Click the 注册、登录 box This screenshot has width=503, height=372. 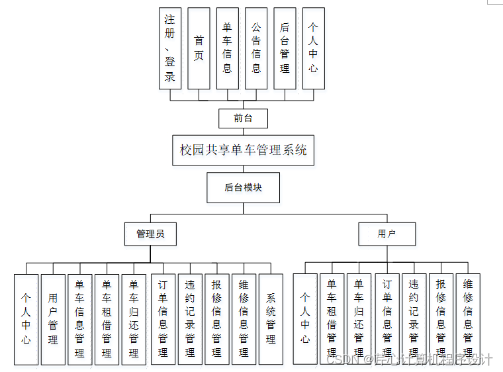click(170, 48)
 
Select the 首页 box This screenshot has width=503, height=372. click(199, 48)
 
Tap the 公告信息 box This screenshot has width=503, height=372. click(256, 48)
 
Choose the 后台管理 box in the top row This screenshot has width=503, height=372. click(285, 48)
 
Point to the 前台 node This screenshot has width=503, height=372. click(243, 118)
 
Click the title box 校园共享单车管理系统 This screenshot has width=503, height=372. click(243, 150)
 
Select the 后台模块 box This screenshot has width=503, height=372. click(243, 187)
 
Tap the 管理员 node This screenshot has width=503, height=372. click(150, 234)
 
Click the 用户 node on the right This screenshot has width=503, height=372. click(387, 234)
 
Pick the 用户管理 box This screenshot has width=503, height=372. click(53, 319)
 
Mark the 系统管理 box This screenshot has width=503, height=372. click(271, 319)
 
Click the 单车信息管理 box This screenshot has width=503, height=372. click(79, 319)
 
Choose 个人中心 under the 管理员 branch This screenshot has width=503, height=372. click(26, 319)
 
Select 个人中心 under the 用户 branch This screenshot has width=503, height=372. click(305, 319)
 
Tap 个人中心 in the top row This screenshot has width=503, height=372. click(313, 48)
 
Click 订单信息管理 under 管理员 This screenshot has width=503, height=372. click(163, 319)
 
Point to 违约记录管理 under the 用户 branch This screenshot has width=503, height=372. click(414, 319)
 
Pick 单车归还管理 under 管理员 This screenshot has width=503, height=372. click(134, 319)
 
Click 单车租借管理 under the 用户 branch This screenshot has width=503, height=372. click(332, 319)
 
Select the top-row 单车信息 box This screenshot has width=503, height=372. click(227, 48)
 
